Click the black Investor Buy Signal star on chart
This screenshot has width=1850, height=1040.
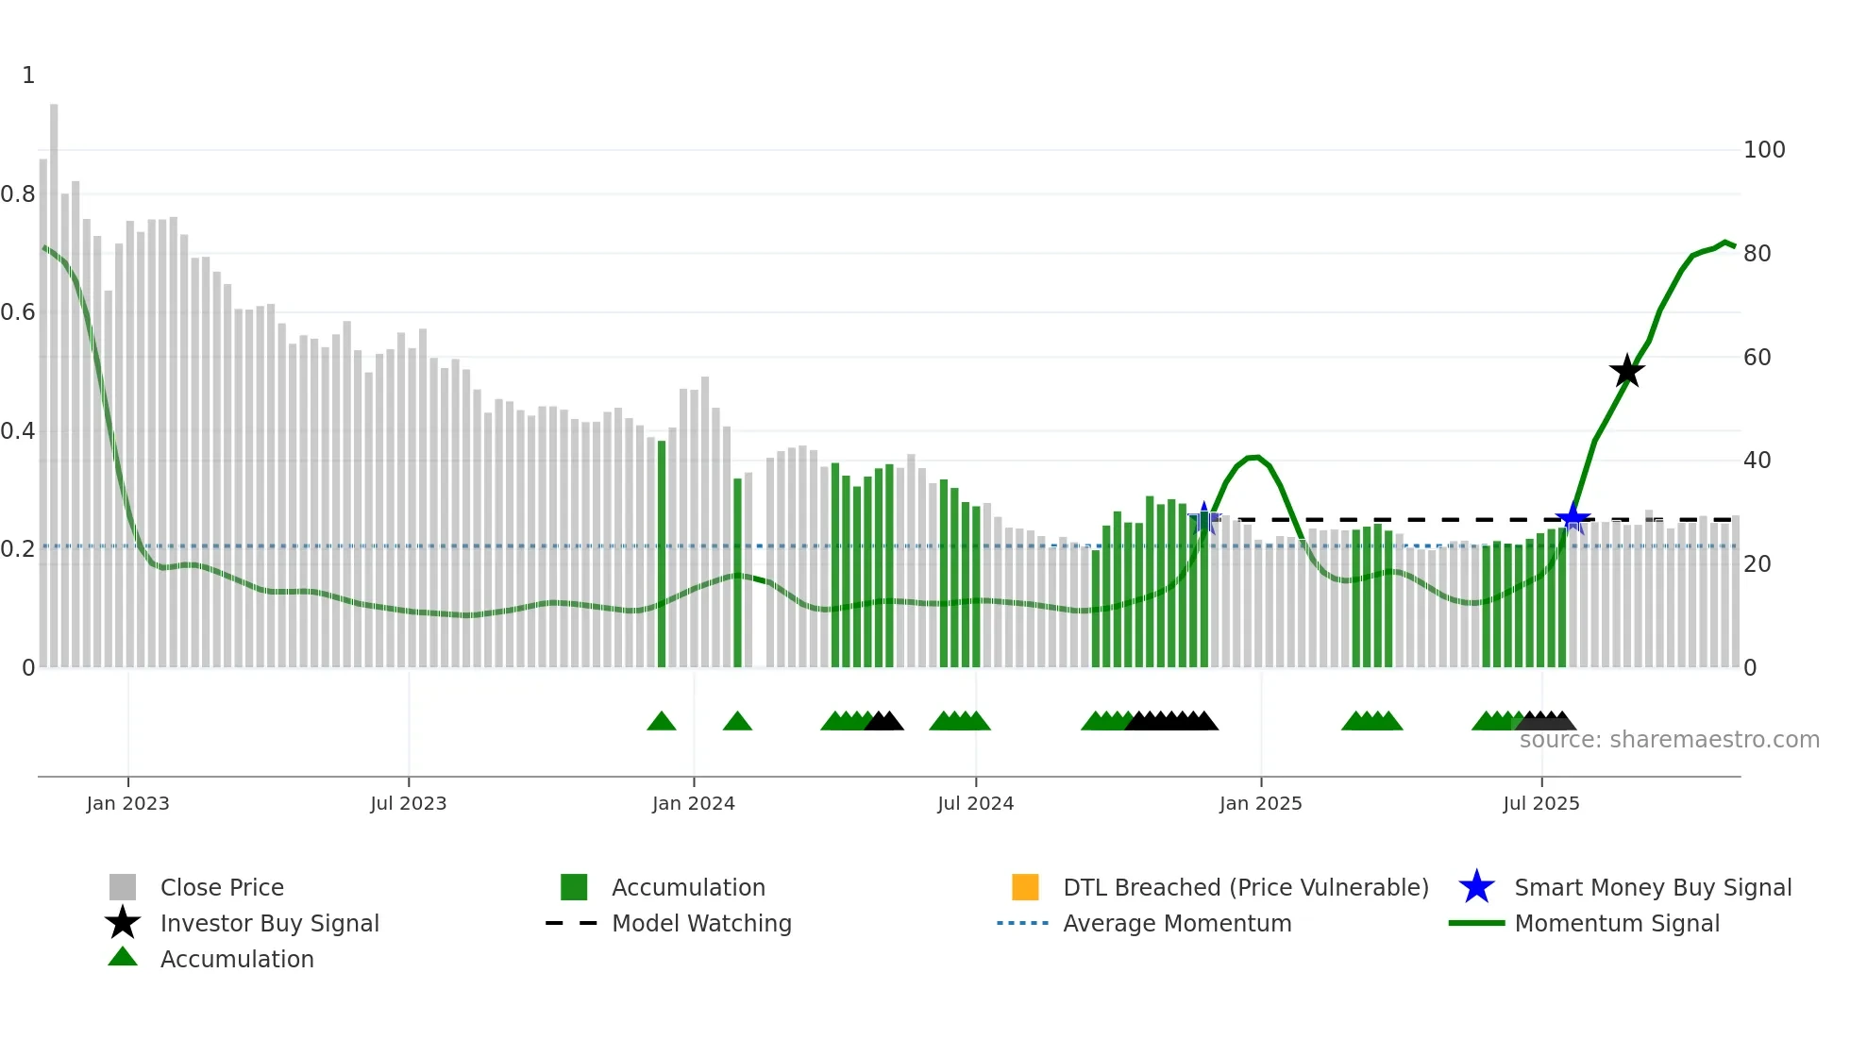coord(1626,372)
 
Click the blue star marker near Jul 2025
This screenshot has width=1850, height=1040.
coord(1572,518)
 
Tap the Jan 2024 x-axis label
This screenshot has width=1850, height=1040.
coord(693,804)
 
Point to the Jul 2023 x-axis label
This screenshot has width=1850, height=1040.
coord(408,804)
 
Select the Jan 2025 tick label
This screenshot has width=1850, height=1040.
coord(1260,804)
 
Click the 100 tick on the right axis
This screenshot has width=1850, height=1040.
coord(1764,150)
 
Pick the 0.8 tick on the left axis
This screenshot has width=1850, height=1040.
coord(18,194)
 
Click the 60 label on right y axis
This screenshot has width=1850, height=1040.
coord(1757,358)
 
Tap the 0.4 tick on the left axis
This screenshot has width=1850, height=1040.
coord(18,431)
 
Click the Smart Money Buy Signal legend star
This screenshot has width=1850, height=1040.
coord(1476,887)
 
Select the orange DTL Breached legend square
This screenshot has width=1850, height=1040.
coord(1025,887)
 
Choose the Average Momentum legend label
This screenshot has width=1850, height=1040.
coord(1177,923)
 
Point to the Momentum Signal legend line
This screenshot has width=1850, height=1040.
coord(1476,923)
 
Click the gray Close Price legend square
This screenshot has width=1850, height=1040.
coord(123,887)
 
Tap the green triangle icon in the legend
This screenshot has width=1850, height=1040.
coord(123,958)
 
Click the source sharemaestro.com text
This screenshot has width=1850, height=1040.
coord(1669,740)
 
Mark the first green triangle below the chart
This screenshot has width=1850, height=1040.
coord(662,722)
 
